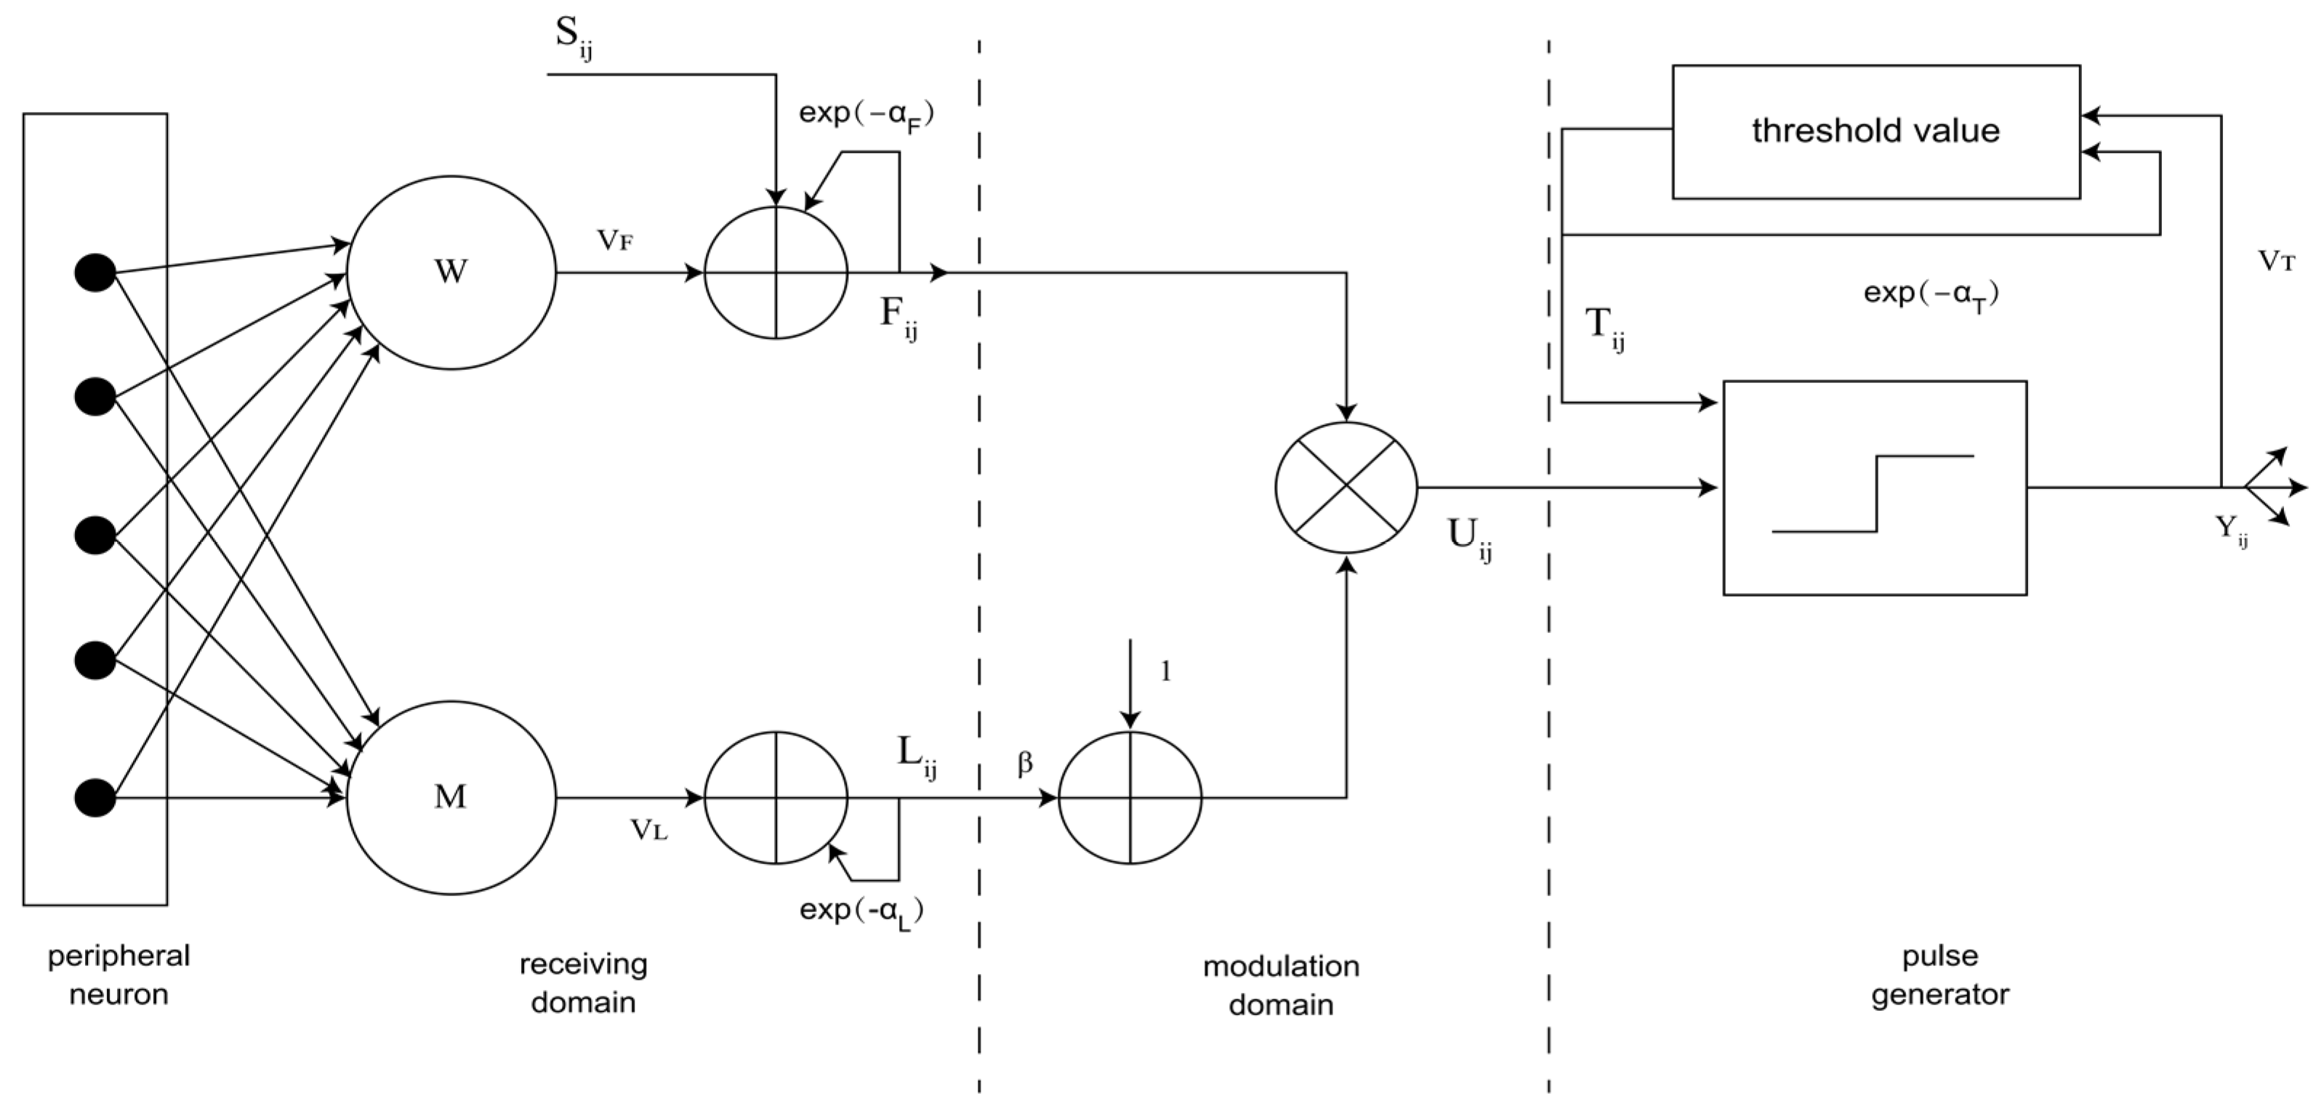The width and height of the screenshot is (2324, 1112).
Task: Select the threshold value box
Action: click(1875, 132)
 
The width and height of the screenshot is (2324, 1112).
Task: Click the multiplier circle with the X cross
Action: click(1346, 487)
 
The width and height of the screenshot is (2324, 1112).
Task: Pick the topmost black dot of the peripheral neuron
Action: click(95, 273)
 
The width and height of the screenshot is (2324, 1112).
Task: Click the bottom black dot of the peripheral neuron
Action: click(95, 798)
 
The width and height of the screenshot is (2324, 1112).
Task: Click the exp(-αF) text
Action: click(865, 115)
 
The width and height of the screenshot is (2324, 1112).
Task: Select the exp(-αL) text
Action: click(861, 911)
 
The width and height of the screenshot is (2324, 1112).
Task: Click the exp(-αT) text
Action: click(1931, 294)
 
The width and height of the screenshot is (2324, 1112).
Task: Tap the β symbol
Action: click(1025, 765)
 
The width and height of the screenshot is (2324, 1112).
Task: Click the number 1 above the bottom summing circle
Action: click(1165, 671)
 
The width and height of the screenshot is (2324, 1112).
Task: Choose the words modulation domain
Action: click(1280, 985)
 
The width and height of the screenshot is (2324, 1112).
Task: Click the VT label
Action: click(2276, 262)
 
